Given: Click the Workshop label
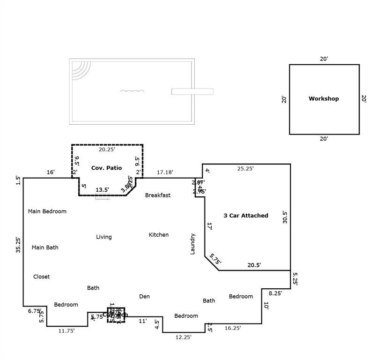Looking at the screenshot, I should coord(324,99).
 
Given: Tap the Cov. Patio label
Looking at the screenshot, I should coord(106,168).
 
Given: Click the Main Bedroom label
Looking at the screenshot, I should coord(47,211).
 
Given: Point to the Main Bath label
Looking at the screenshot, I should coord(45,247).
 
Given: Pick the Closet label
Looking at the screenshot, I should coord(41,277).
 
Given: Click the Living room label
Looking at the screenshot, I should coord(104,237).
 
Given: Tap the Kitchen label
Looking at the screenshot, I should coord(159,234).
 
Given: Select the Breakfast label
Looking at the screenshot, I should coord(158,195).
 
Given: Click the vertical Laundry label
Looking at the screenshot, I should coord(192,244).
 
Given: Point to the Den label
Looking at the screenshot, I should coord(144,296).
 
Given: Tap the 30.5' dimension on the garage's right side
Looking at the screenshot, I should coord(285,218).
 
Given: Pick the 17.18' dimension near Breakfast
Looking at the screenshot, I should coord(164,172).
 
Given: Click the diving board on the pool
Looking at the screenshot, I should coord(192,91).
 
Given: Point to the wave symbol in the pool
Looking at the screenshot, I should coord(132,90).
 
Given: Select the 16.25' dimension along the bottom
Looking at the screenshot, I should coord(233,328).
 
